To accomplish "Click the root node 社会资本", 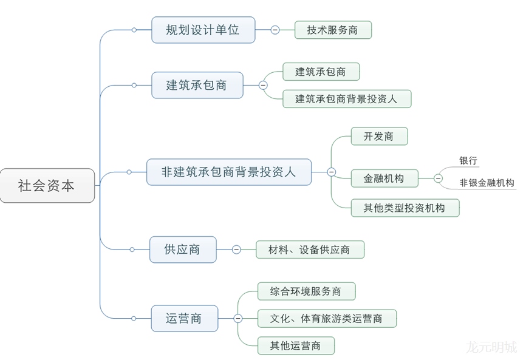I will click(47, 185).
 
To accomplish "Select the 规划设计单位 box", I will click(203, 30).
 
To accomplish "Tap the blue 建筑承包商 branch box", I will click(197, 85).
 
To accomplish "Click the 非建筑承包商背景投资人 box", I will click(229, 172).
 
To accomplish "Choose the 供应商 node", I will click(182, 249).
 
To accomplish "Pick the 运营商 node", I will click(183, 318).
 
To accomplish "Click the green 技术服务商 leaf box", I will click(332, 30).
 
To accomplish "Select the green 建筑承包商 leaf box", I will click(321, 72).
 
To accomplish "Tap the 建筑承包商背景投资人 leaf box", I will click(346, 98).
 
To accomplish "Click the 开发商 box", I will click(378, 136).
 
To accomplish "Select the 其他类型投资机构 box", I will click(405, 208).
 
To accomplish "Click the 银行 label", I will click(468, 161).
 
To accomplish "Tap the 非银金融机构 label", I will click(487, 183).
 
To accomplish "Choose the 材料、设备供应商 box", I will click(310, 250).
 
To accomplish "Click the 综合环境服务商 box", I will click(306, 291).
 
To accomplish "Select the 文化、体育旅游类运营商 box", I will click(327, 318).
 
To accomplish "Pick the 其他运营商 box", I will click(296, 345).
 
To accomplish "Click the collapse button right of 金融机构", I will click(438, 178).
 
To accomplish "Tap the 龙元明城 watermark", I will click(491, 347).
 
